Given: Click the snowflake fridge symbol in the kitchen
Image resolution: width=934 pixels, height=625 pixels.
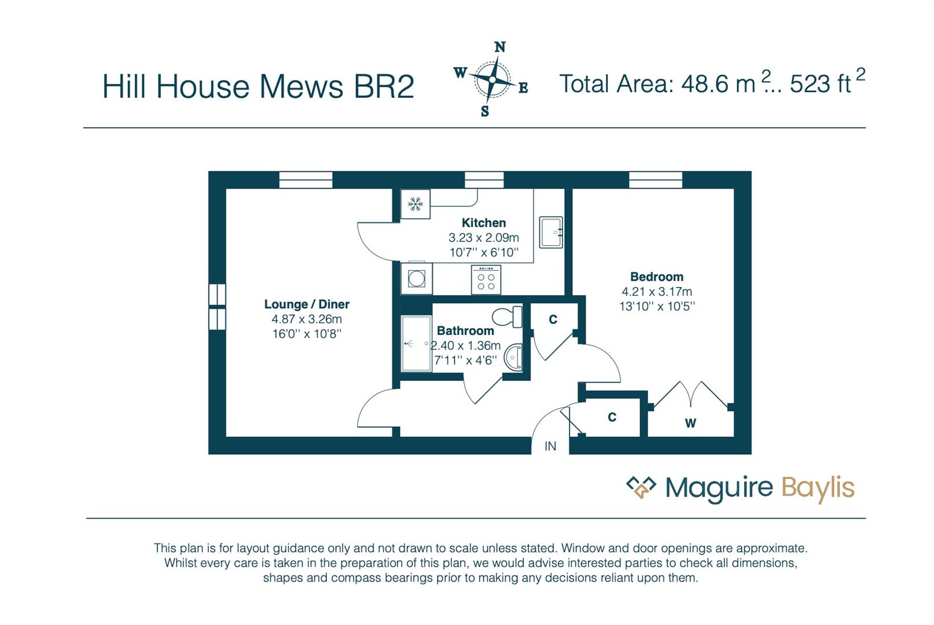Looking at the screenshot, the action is tap(415, 204).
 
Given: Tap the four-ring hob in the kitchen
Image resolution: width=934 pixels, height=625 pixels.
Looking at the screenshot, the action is tap(486, 280).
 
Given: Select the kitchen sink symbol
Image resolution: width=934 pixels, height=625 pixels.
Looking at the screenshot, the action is tap(551, 232).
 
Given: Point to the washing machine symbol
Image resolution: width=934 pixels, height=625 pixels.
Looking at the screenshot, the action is tap(417, 278).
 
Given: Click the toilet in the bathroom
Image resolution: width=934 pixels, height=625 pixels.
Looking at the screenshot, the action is tap(507, 317).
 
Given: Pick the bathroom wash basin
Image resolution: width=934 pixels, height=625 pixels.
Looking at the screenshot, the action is tap(513, 357).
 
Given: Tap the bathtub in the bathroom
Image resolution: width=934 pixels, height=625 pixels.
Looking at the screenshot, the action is tap(416, 344).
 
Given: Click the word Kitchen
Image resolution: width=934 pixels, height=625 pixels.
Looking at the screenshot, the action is tap(484, 223).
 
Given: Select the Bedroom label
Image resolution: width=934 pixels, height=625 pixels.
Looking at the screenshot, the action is tap(657, 277).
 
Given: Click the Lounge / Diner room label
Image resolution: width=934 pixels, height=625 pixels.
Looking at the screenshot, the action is tap(307, 304).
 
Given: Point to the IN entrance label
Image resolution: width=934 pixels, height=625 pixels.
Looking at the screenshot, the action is tap(550, 446).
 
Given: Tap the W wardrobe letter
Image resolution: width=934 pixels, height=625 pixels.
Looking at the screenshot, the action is tap(690, 423).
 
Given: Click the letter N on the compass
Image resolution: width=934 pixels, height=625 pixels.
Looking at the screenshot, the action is tap(500, 47).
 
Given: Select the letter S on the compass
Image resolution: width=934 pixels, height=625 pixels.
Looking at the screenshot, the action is tap(484, 111).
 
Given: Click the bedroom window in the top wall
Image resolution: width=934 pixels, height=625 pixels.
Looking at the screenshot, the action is tap(656, 180).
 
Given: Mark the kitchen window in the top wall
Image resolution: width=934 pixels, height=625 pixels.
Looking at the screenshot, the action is tap(484, 180).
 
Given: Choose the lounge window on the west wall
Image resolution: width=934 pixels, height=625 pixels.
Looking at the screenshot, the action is tap(217, 307).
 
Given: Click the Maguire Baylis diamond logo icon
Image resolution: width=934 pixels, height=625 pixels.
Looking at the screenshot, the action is tap(641, 487).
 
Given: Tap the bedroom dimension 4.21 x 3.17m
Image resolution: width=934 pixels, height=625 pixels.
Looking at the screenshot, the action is tap(657, 292).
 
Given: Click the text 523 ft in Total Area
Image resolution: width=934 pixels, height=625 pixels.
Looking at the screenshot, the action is tap(820, 84).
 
